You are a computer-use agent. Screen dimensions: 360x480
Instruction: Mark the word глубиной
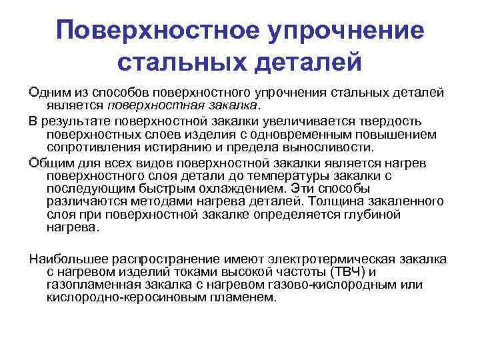point(367,214)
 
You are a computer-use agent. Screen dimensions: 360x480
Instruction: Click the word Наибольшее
point(66,259)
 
